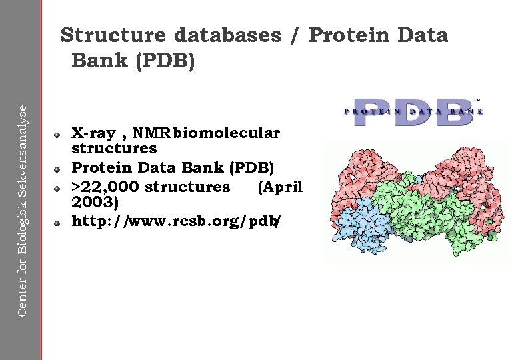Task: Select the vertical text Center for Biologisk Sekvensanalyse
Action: pyautogui.click(x=22, y=203)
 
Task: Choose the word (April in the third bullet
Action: pyautogui.click(x=280, y=187)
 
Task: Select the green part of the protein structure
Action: pyautogui.click(x=427, y=213)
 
